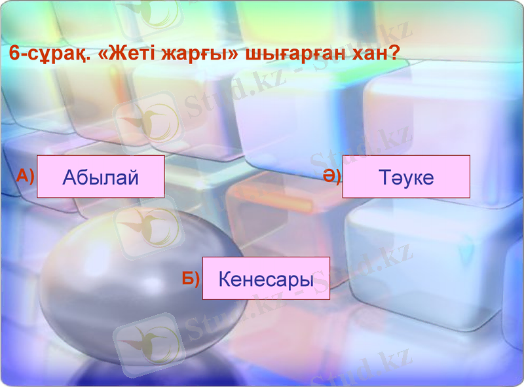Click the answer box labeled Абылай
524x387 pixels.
click(x=100, y=176)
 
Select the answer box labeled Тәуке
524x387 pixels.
click(x=406, y=176)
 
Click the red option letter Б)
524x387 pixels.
click(x=191, y=278)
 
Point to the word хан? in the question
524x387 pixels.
click(x=376, y=54)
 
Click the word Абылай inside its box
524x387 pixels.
click(x=100, y=177)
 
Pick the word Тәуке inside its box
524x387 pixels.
click(x=406, y=177)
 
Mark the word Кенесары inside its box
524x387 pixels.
click(x=266, y=280)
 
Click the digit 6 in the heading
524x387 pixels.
click(x=14, y=54)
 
